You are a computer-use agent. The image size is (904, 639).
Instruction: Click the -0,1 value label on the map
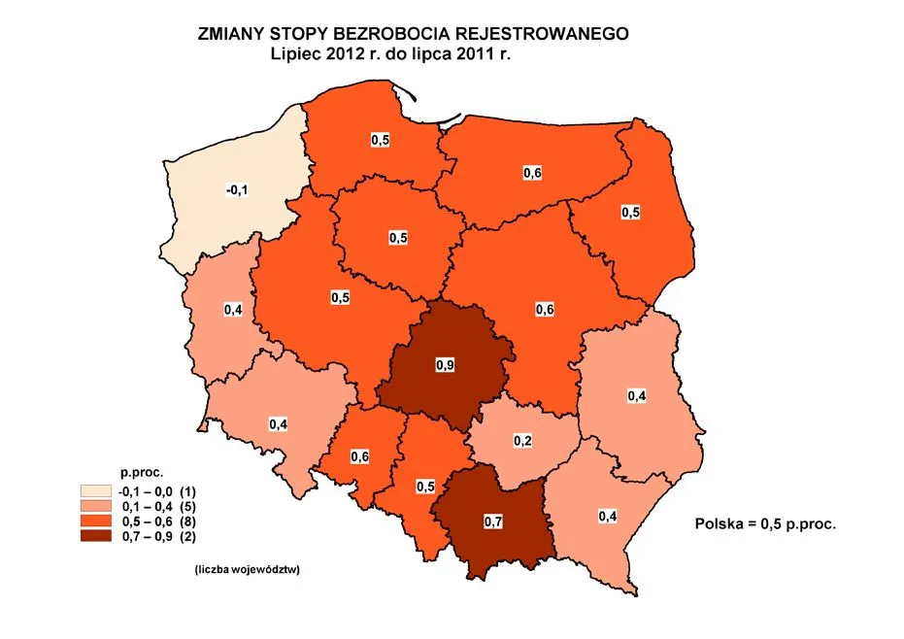click(237, 190)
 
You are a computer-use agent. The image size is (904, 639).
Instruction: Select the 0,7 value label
click(492, 521)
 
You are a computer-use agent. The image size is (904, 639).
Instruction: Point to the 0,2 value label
click(522, 441)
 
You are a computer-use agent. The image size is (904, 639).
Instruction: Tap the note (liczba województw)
click(241, 570)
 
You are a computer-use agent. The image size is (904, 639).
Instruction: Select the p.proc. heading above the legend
click(136, 475)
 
